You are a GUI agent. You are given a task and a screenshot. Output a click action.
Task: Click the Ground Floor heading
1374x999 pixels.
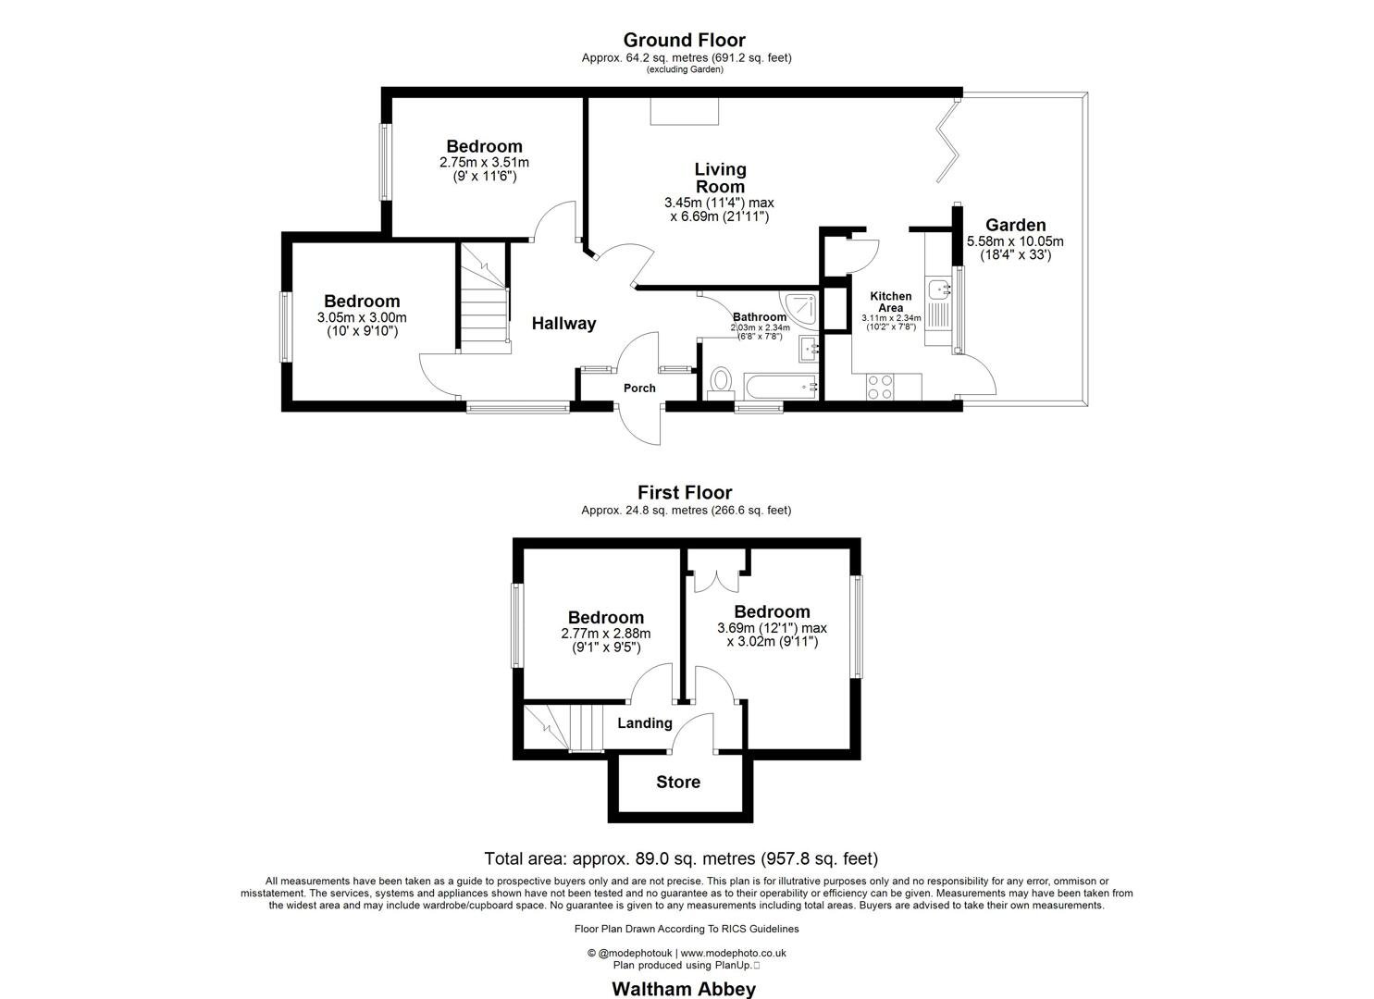684,40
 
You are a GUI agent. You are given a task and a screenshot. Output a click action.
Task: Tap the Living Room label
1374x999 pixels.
720,178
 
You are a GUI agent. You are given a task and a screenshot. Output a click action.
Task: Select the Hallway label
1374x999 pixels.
563,324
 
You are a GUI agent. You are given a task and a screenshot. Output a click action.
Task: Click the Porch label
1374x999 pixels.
639,388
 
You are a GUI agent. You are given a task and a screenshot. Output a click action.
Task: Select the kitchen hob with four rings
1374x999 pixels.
880,386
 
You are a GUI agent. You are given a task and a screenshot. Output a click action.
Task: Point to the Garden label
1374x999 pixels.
1015,226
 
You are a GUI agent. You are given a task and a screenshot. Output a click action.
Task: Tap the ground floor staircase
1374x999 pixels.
483,296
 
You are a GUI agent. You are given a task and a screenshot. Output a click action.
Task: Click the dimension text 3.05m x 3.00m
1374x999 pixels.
362,317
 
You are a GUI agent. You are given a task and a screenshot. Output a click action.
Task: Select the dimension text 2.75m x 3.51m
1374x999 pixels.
484,162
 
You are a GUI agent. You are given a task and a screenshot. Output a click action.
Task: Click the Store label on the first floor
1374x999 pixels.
678,783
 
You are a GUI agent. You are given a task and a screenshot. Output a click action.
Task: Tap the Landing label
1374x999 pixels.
644,723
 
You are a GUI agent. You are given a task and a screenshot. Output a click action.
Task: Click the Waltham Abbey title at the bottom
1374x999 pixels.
684,989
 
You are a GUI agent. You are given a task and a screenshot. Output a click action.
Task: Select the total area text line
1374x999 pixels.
681,858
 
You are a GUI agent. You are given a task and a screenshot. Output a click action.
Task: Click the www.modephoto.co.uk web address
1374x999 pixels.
734,953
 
